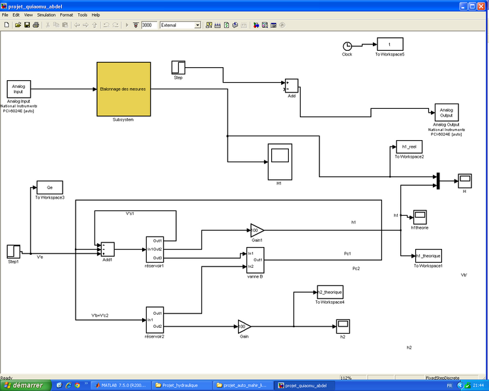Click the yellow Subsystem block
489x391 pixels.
(x=124, y=89)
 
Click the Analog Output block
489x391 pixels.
(x=447, y=112)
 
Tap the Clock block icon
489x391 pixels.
(x=347, y=46)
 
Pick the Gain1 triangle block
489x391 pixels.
(x=257, y=229)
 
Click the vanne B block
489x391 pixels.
(x=254, y=261)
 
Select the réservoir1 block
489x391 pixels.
(x=155, y=250)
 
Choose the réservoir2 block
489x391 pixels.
(x=155, y=319)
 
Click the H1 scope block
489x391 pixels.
(x=280, y=161)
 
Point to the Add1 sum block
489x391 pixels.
(x=108, y=250)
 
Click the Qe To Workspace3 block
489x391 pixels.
(x=50, y=187)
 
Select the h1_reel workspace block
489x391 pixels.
(x=409, y=147)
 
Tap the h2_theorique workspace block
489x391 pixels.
(x=329, y=292)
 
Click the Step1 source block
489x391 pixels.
(x=14, y=251)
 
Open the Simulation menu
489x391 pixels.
(x=46, y=14)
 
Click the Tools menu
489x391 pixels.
(x=82, y=14)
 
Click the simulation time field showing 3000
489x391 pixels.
(x=148, y=25)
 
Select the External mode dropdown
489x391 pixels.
(x=180, y=25)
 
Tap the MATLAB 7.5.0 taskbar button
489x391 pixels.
(x=121, y=385)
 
